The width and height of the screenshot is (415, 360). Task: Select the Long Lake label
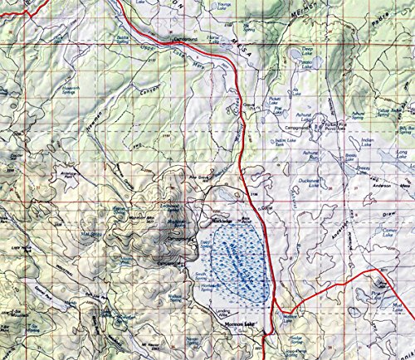pyautogui.click(x=403, y=153)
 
